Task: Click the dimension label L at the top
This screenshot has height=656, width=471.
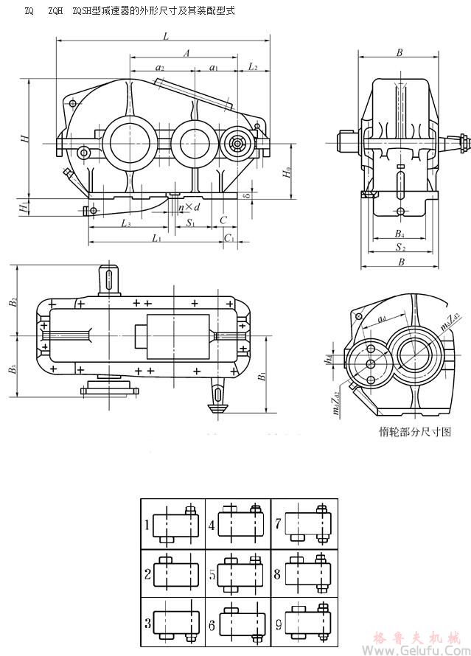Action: pos(167,36)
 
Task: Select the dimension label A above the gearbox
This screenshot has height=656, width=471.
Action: pos(187,52)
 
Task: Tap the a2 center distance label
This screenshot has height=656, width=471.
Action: pos(160,68)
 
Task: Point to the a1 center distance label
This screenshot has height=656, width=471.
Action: pos(214,68)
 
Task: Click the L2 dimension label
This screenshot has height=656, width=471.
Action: pos(253,67)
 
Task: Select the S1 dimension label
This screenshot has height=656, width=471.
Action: pos(190,222)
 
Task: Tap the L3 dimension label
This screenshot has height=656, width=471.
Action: pos(126,223)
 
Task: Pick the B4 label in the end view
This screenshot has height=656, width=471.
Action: pos(398,235)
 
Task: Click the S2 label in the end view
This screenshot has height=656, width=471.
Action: pos(399,248)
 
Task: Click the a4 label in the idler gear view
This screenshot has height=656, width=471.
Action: pos(382,319)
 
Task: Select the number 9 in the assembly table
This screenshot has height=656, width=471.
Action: pos(277,625)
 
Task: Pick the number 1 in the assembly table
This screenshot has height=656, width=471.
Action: pos(147,526)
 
